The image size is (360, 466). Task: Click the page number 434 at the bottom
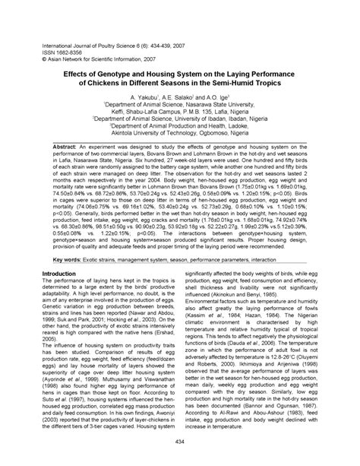point(180,442)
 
